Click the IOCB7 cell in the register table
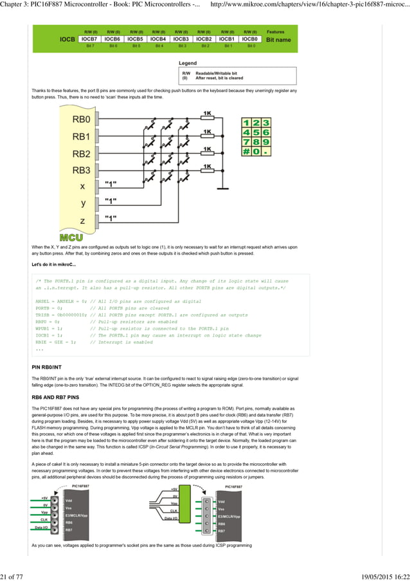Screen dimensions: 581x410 coord(90,39)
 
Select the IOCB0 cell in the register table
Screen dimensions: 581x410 coord(251,39)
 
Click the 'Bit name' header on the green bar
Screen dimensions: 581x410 coord(278,39)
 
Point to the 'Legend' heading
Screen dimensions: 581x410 coord(188,63)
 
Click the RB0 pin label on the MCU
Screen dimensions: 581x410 coord(82,120)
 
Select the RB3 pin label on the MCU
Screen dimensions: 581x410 coord(82,171)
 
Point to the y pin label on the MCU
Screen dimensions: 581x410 coord(82,203)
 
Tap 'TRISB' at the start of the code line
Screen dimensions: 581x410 coord(44,315)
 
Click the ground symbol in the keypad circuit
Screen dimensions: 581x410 coord(221,189)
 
